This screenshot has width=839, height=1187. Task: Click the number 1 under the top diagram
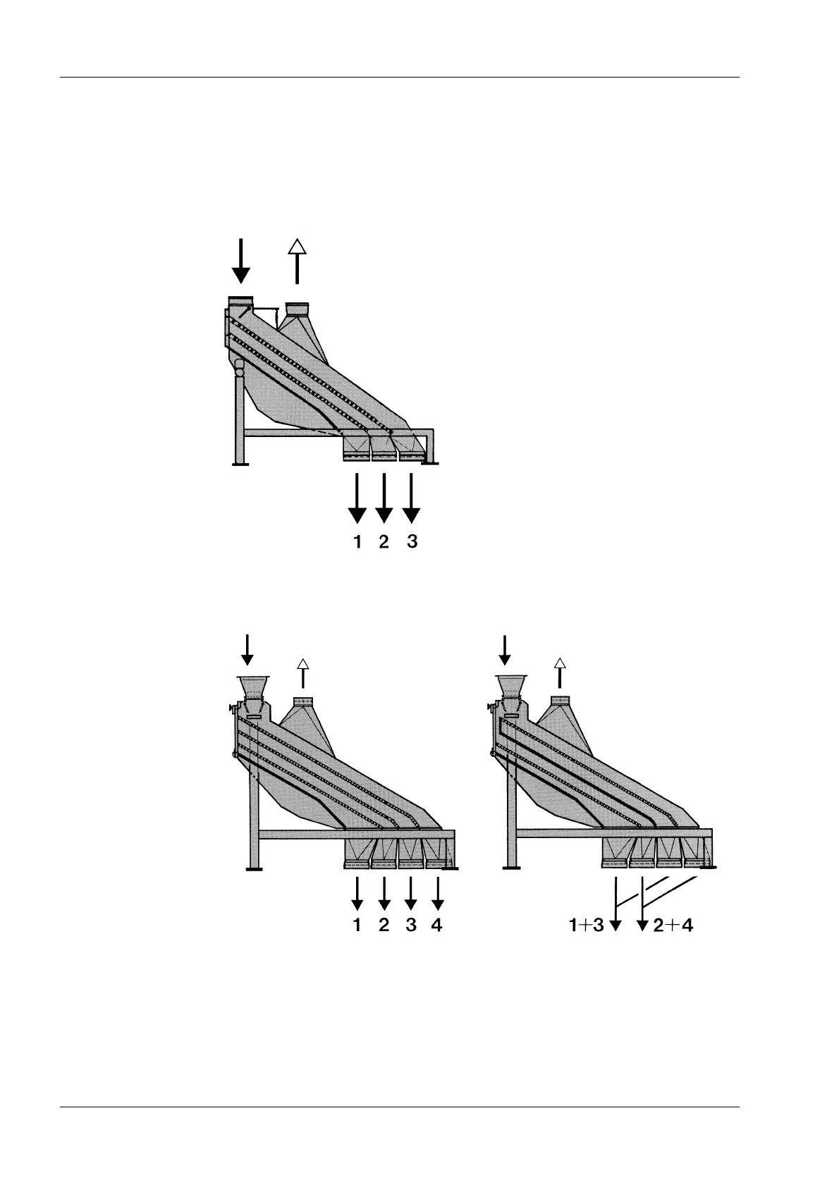coord(357,542)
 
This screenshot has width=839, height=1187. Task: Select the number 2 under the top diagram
coord(384,542)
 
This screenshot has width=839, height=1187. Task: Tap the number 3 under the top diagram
coord(412,542)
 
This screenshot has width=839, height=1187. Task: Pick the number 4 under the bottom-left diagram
coord(437,925)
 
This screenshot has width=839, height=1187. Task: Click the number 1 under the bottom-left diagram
coord(357,925)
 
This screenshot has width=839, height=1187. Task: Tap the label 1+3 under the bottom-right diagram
coord(587,925)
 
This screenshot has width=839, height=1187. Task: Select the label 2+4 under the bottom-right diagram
coord(673,925)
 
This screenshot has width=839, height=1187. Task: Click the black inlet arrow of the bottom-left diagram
coord(247,649)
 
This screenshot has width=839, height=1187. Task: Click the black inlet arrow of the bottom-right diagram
coord(505,649)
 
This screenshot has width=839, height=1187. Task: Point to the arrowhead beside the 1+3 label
coord(616,925)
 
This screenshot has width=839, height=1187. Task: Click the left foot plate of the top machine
coord(240,463)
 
